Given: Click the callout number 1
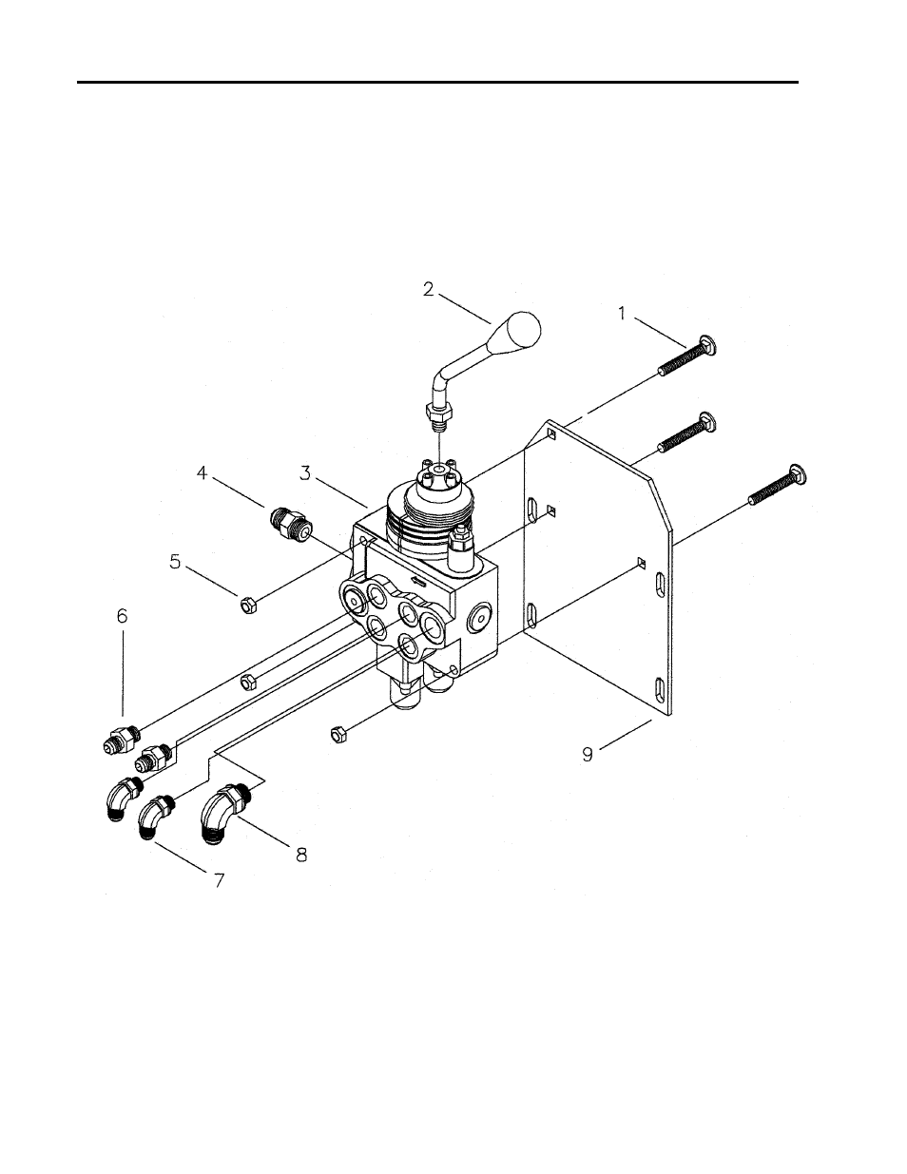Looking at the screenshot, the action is (x=622, y=314).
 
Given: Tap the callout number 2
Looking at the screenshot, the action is (x=428, y=290).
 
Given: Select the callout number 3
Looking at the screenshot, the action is (x=305, y=473).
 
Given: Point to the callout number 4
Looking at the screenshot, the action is (x=202, y=473).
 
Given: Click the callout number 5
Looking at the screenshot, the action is (x=175, y=562).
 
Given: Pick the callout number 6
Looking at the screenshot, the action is (x=122, y=615).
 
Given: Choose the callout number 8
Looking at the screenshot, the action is (x=301, y=855).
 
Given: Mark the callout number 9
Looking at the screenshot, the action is (x=588, y=754).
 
